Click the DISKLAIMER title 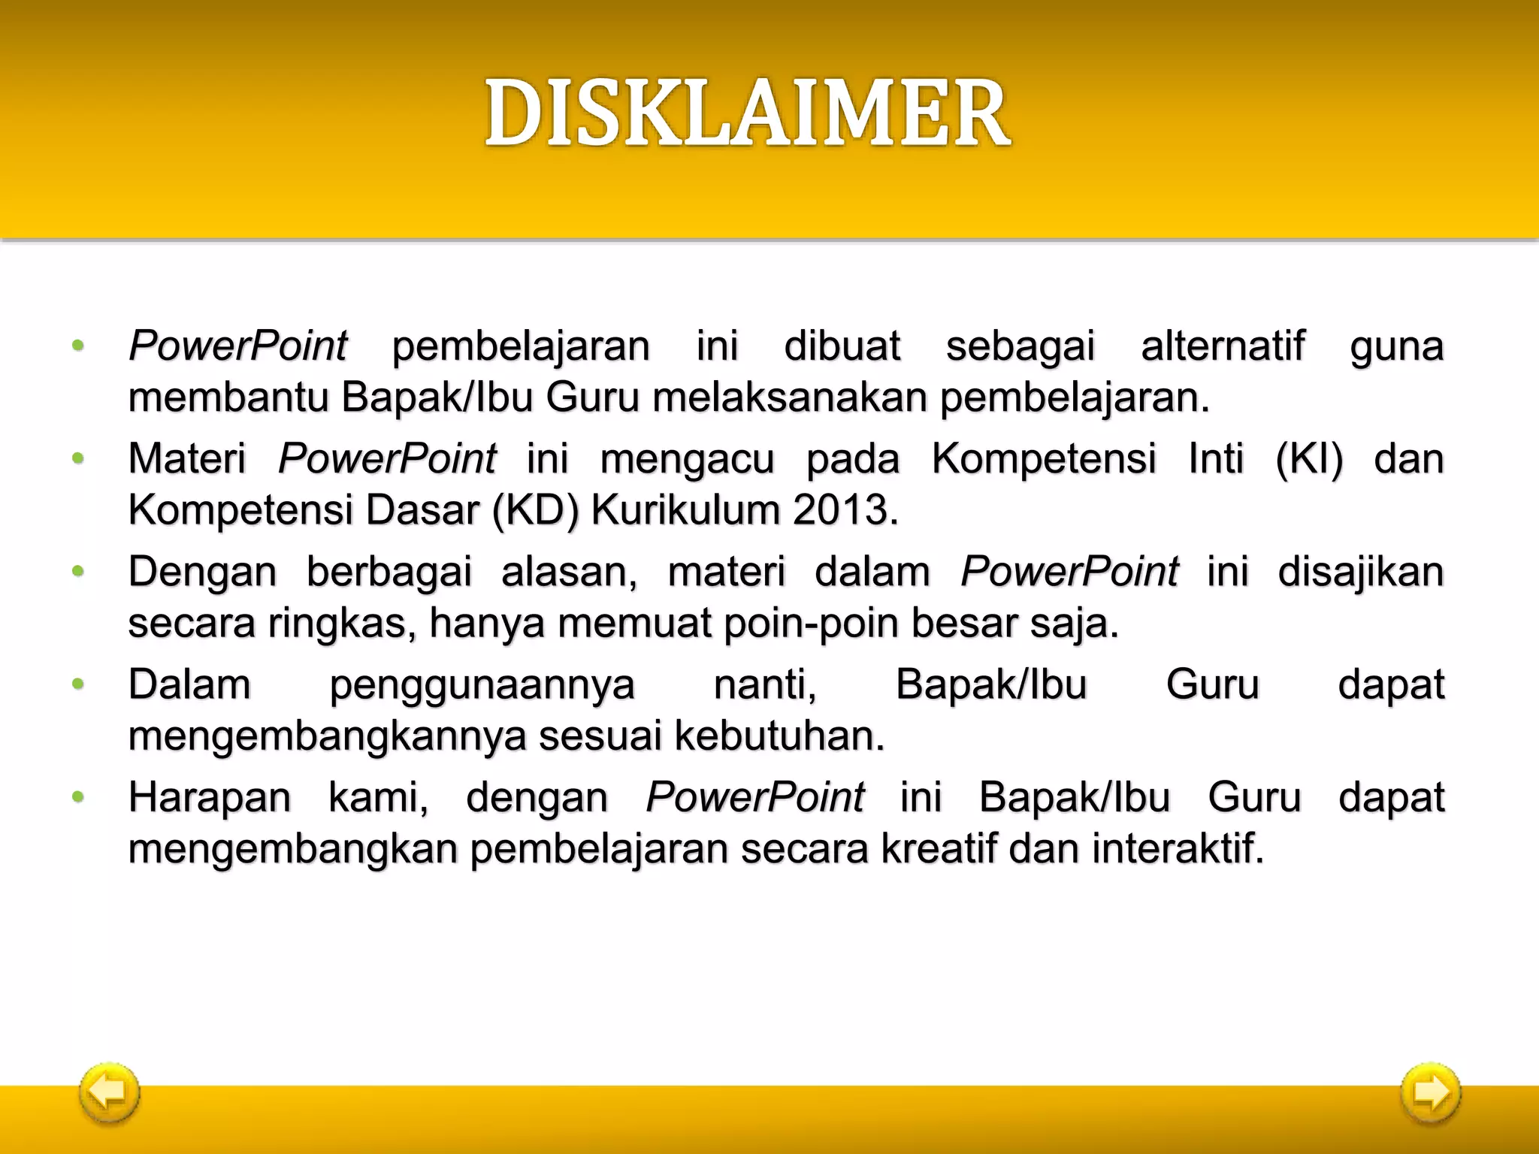[748, 114]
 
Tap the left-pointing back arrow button [110, 1092]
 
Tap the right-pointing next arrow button [1430, 1092]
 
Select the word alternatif [1223, 346]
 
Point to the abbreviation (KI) [1309, 459]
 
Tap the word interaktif [1178, 849]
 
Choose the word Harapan [210, 798]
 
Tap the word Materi [187, 459]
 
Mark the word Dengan [203, 572]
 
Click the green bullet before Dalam [77, 684]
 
